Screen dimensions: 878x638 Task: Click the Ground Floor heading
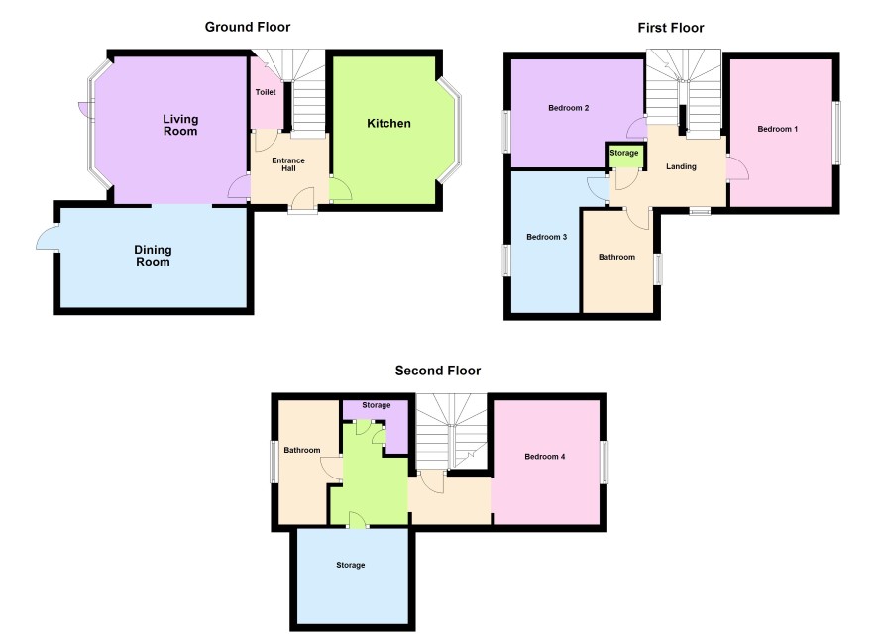click(248, 27)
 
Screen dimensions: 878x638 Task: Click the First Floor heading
click(670, 28)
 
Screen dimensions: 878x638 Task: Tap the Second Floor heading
click(438, 371)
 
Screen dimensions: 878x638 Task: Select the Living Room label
click(180, 125)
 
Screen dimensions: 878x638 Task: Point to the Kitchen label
click(388, 123)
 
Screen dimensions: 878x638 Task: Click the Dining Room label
click(153, 256)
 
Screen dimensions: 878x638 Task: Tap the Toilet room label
click(266, 92)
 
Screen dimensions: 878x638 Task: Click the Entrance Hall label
click(288, 164)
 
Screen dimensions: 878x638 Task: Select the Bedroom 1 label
click(777, 129)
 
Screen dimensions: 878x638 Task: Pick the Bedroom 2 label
click(569, 107)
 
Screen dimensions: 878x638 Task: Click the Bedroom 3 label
click(546, 237)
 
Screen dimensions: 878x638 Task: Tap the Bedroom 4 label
click(544, 456)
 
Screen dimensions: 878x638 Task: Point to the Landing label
click(681, 166)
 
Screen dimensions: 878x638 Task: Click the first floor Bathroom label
click(616, 257)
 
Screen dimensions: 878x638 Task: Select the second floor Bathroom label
click(302, 450)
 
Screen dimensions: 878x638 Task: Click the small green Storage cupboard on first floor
click(624, 155)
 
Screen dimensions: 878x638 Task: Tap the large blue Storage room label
click(351, 565)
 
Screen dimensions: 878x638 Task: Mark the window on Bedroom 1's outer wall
click(837, 132)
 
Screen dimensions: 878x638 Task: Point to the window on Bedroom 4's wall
click(604, 462)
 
